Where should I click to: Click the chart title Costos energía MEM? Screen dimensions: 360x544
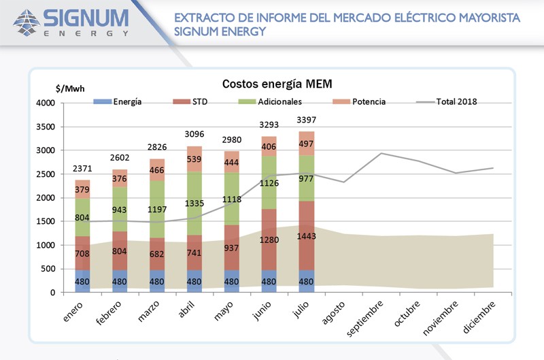coord(277,84)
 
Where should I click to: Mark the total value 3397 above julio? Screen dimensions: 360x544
coord(306,120)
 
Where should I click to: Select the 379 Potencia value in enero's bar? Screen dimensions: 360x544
coord(82,189)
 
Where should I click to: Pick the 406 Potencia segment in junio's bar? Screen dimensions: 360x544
coord(269,146)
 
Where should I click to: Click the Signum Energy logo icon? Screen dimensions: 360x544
coord(27,22)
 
